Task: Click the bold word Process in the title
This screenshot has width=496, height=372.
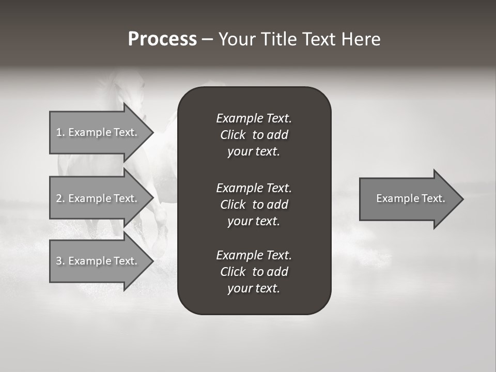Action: click(x=162, y=39)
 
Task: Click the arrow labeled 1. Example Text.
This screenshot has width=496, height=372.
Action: click(x=98, y=132)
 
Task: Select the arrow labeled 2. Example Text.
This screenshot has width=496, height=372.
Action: click(x=98, y=198)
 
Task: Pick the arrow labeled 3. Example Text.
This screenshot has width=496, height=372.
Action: click(x=98, y=261)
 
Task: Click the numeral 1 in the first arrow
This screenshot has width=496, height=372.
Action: click(x=59, y=132)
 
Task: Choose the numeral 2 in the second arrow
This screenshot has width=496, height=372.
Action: click(x=59, y=198)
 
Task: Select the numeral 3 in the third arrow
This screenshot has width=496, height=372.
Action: click(x=59, y=261)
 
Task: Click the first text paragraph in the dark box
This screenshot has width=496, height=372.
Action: click(x=254, y=135)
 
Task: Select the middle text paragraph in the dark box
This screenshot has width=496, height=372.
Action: click(x=254, y=204)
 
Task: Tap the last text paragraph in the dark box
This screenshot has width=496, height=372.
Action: click(x=254, y=272)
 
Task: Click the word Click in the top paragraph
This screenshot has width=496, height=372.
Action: click(x=233, y=135)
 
